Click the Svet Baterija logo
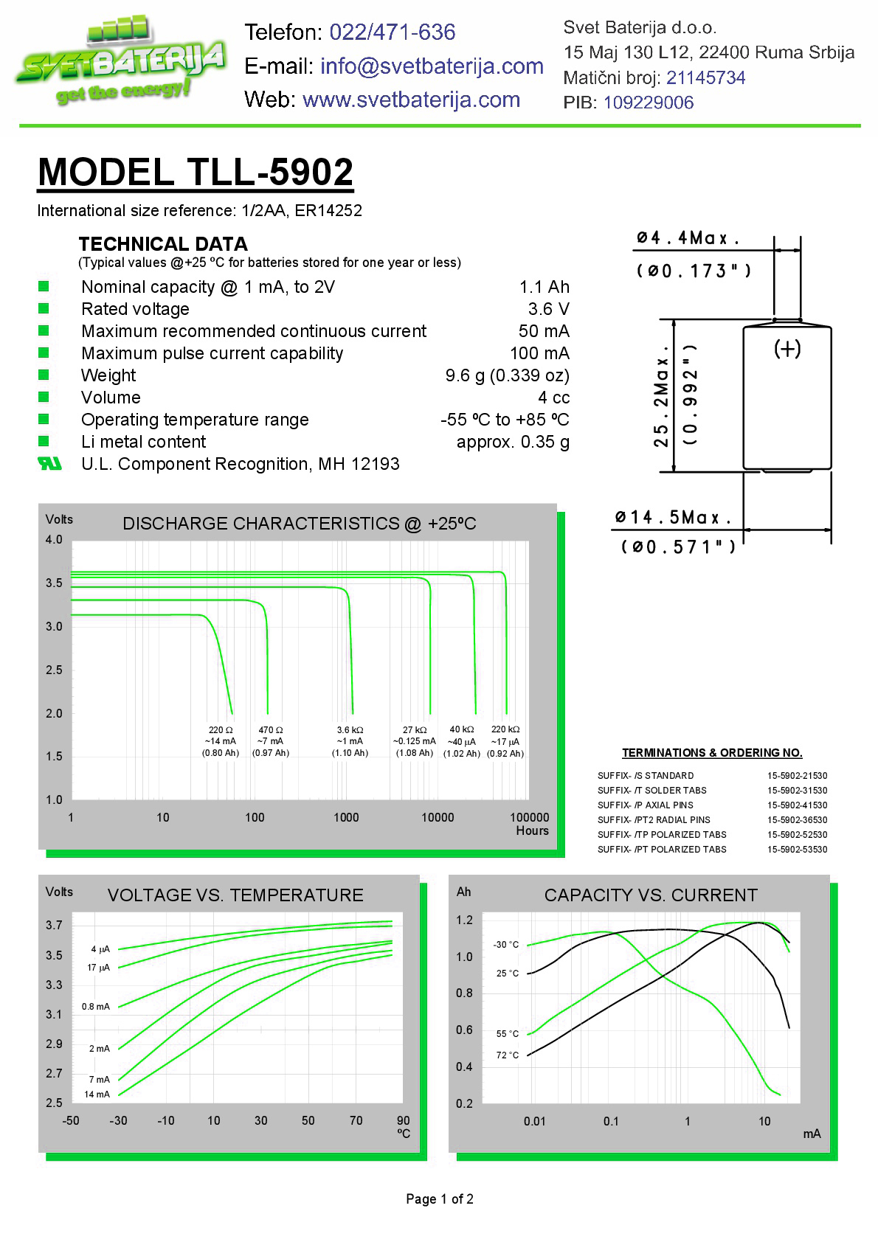point(120,63)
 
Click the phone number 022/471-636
point(392,32)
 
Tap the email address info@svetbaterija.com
point(432,66)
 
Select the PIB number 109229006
point(649,103)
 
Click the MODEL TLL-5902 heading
point(196,172)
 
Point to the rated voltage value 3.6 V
point(548,309)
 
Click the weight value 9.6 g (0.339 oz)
point(507,375)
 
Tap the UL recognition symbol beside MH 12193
point(49,464)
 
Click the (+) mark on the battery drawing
point(787,348)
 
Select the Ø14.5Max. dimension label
point(673,518)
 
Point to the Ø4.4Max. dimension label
point(688,238)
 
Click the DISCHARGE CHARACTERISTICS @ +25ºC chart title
point(299,524)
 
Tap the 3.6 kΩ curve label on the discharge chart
point(350,730)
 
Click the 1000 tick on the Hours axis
point(346,817)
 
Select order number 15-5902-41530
point(797,805)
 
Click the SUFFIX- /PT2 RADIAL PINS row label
point(654,820)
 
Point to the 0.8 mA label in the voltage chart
point(96,1007)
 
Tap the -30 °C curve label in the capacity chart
point(506,945)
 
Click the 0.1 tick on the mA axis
point(611,1122)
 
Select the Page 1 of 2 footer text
point(440,1199)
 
